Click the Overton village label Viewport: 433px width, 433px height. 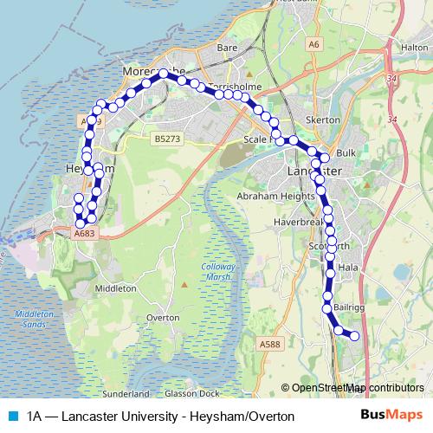(x=163, y=318)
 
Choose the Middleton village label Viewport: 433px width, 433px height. (x=116, y=288)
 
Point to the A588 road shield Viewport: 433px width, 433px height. (x=270, y=344)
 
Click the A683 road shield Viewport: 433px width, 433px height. (x=85, y=233)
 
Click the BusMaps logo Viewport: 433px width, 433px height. (x=389, y=416)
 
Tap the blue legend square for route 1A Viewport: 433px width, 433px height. (x=11, y=416)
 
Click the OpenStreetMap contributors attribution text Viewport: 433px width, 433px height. (x=358, y=388)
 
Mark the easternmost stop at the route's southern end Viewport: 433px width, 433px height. (x=353, y=336)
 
